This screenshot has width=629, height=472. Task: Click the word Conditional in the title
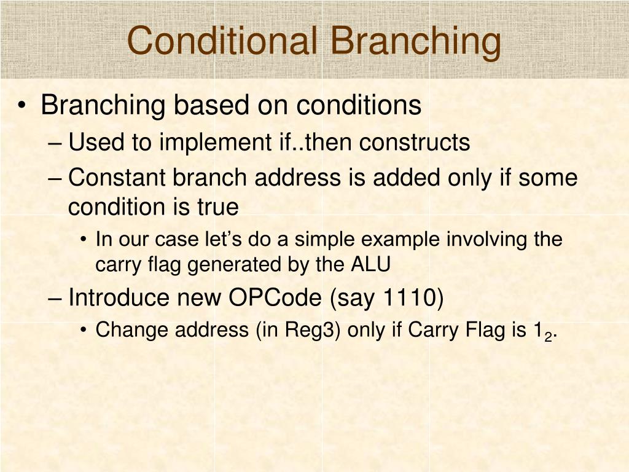222,41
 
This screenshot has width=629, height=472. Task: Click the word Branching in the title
415,41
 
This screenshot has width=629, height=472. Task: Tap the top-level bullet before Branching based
23,106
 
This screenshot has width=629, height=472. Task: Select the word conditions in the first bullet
359,106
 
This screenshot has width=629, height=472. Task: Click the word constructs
415,143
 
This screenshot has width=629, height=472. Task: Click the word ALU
370,265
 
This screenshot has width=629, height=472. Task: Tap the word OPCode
275,298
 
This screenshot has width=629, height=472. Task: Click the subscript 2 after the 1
547,336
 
